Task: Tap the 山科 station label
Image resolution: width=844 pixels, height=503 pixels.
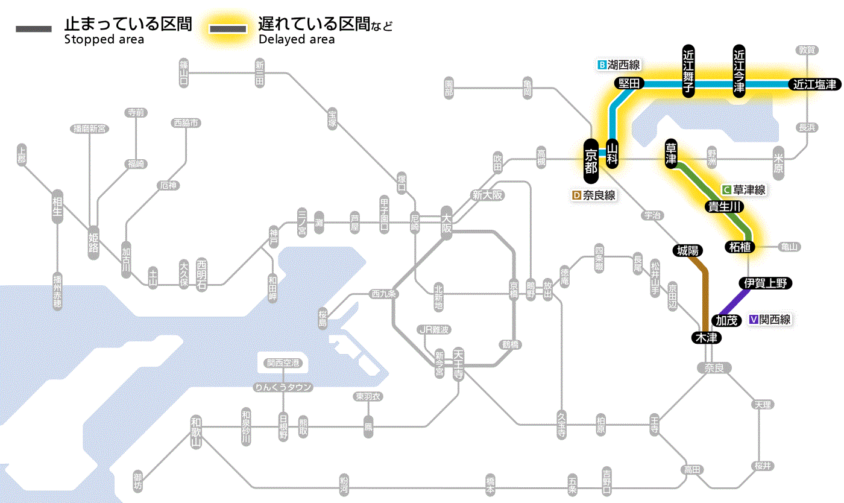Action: [x=613, y=155]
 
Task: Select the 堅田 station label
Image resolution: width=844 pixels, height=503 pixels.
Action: [x=629, y=84]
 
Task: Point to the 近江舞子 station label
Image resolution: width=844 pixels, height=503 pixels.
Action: [x=688, y=71]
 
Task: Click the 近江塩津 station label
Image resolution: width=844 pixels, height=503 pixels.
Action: [x=814, y=84]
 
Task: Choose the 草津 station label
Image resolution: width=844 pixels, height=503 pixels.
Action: [x=672, y=155]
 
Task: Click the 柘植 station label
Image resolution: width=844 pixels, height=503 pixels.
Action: [x=741, y=246]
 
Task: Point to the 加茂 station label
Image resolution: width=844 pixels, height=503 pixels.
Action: [x=726, y=320]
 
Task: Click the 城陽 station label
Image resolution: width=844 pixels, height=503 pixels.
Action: [x=687, y=250]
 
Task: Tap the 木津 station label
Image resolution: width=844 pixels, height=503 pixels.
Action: [x=707, y=338]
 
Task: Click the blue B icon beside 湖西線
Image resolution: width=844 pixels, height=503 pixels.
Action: [x=602, y=65]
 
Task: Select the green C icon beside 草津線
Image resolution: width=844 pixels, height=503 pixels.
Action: [x=727, y=190]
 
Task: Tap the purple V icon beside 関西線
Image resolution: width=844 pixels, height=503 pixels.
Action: [x=753, y=320]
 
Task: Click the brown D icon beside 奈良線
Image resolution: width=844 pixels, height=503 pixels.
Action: [x=576, y=195]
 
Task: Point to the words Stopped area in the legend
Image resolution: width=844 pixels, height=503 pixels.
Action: [x=104, y=40]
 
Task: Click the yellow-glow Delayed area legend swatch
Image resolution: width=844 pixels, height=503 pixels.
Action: [x=227, y=29]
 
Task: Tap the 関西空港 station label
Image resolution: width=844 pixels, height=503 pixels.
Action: [x=283, y=362]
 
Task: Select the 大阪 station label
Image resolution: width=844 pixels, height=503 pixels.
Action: [x=447, y=223]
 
